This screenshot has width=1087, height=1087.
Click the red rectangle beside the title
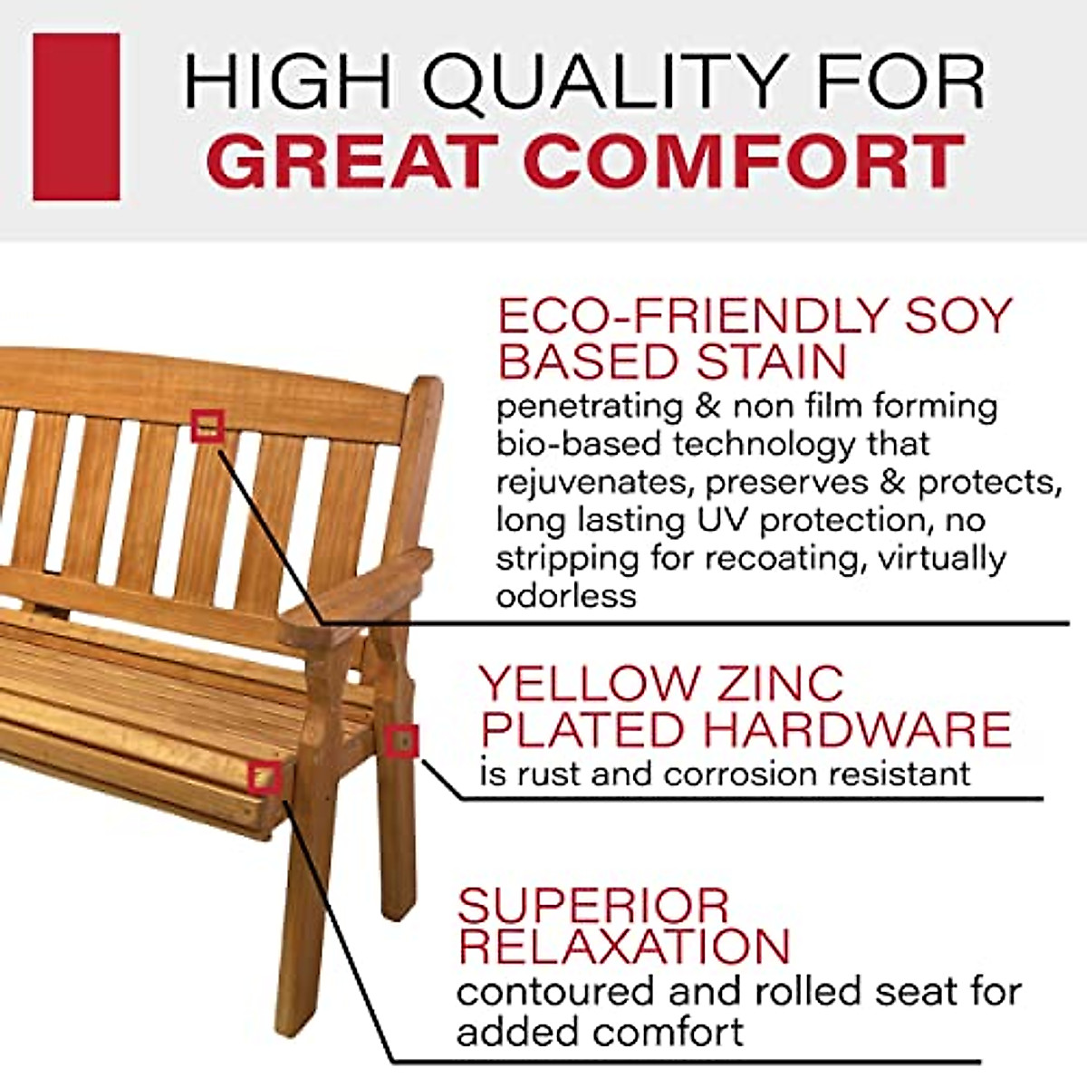pyautogui.click(x=76, y=117)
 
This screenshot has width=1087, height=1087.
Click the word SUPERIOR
pyautogui.click(x=593, y=905)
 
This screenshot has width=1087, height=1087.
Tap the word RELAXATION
pyautogui.click(x=624, y=946)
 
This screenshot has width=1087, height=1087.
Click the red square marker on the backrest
pyautogui.click(x=207, y=426)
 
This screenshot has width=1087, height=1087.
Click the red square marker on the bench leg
pyautogui.click(x=401, y=741)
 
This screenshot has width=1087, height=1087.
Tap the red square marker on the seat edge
pyautogui.click(x=265, y=777)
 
